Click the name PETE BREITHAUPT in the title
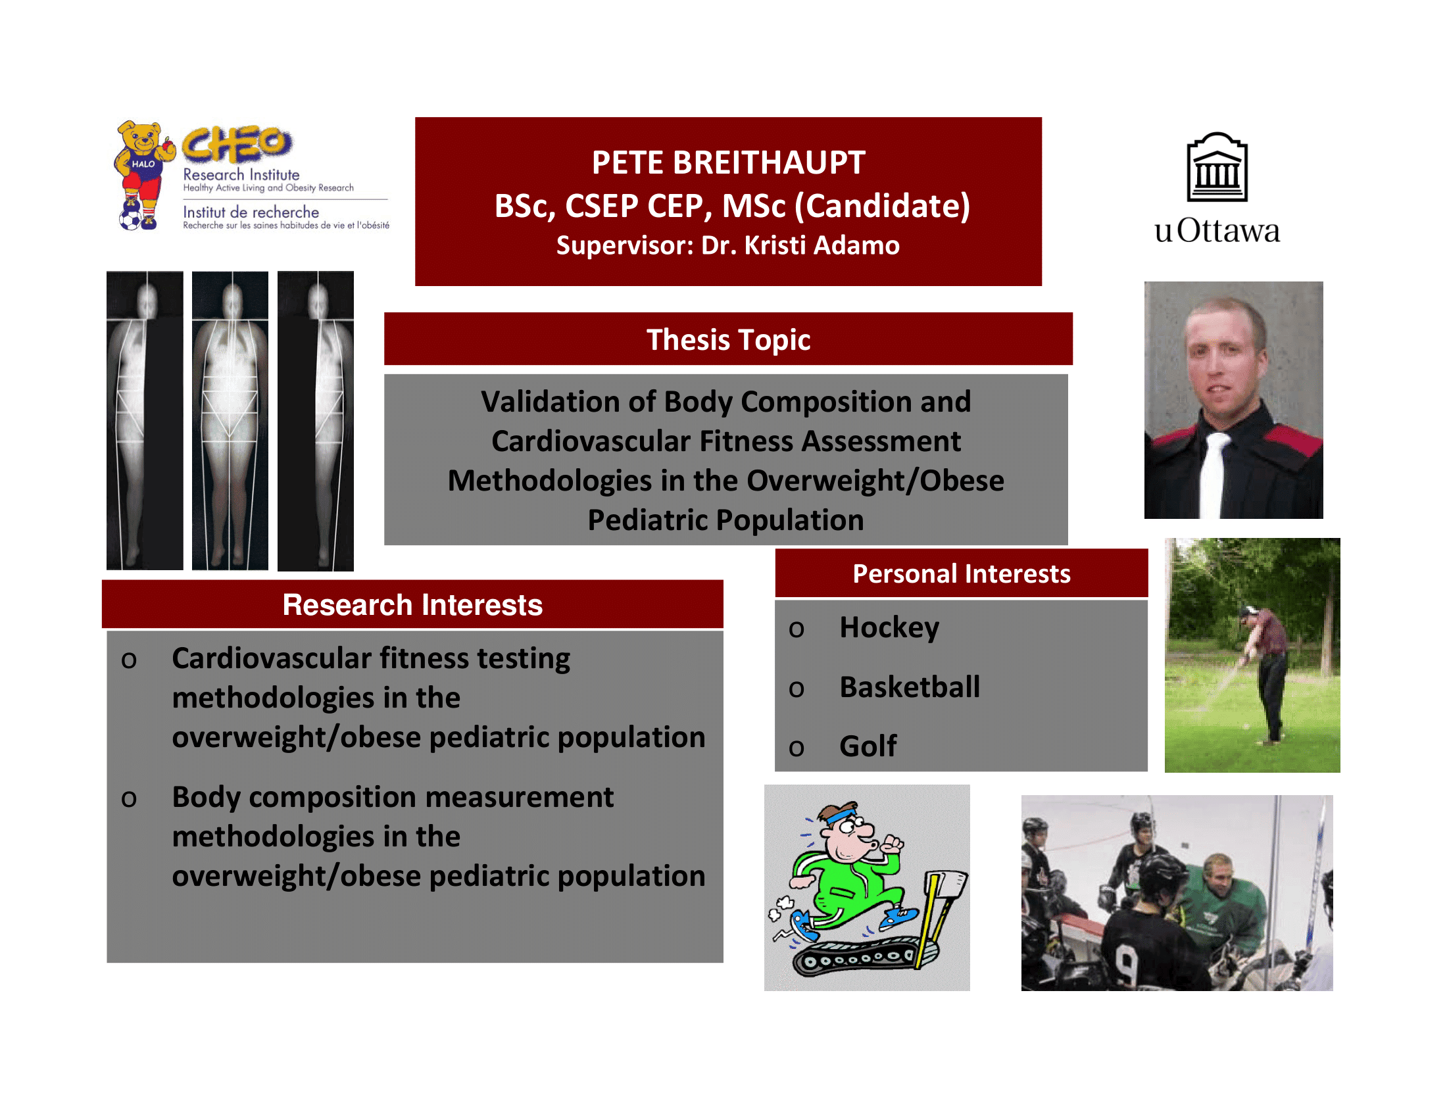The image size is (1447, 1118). click(728, 162)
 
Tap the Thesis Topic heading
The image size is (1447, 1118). click(728, 340)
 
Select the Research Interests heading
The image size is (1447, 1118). click(412, 604)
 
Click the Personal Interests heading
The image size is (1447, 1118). click(962, 573)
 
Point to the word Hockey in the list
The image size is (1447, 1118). click(889, 628)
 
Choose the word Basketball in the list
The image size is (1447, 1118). click(910, 687)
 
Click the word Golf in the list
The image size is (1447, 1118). click(868, 746)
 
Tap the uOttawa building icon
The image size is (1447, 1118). click(1216, 167)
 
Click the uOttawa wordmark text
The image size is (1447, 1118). click(1216, 231)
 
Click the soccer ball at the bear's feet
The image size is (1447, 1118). click(130, 217)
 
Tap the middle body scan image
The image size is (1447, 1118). click(230, 421)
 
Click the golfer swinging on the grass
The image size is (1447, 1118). click(1266, 675)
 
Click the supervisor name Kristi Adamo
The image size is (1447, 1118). click(822, 246)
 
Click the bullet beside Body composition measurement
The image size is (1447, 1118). click(129, 799)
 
